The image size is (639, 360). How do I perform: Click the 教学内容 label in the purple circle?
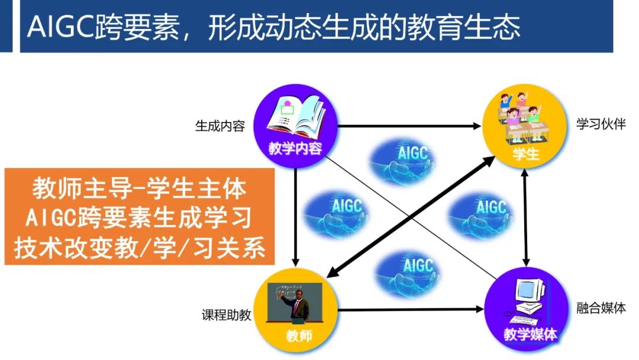coord(295,148)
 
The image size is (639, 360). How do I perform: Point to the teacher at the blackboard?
coord(294,301)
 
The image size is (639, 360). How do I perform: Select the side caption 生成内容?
coord(220,126)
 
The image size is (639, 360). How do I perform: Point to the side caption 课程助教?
coord(226,314)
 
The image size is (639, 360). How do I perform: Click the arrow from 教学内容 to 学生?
coord(408,126)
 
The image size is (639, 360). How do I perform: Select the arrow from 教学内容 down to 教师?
coord(295,219)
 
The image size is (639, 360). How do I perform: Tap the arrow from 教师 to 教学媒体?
coord(408,309)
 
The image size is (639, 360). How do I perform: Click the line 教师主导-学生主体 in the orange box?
coord(140,189)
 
